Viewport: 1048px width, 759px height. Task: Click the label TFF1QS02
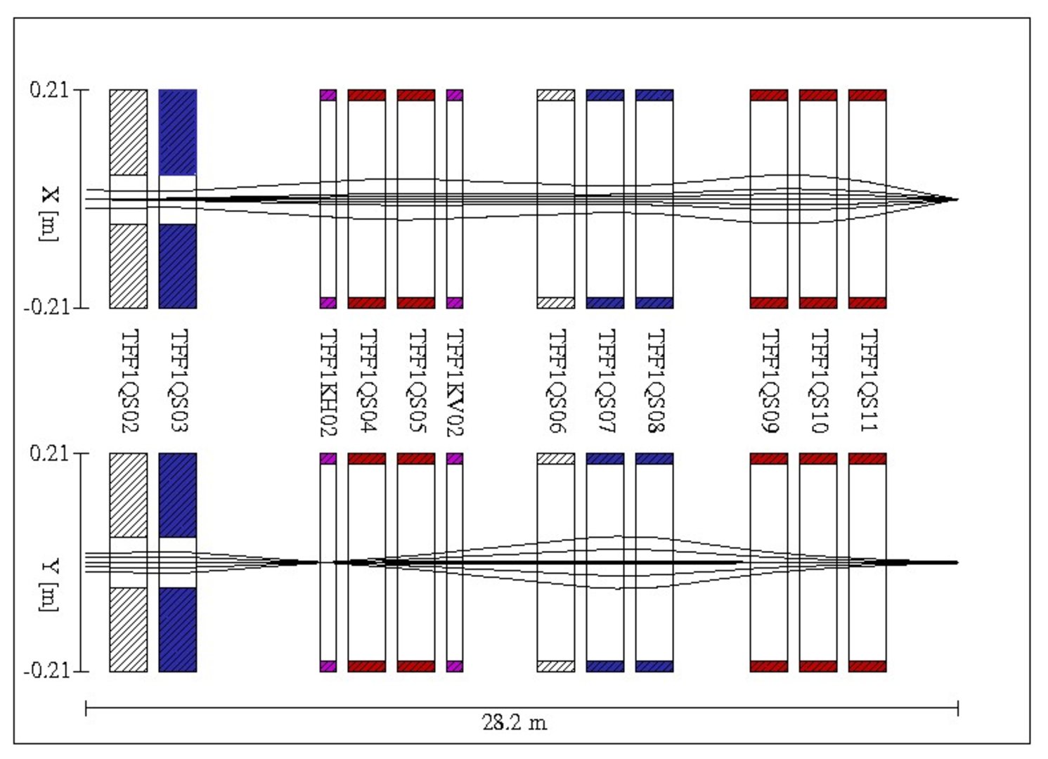pos(129,380)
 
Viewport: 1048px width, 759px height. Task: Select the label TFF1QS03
pos(179,380)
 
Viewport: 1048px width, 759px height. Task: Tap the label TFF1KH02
pos(328,383)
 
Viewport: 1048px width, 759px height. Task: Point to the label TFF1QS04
pos(368,380)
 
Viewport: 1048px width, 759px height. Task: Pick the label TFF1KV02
pos(455,383)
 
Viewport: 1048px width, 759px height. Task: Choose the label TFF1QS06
pos(557,380)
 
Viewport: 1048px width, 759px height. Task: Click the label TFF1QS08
pos(655,380)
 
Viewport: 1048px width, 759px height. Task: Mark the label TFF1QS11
pos(869,380)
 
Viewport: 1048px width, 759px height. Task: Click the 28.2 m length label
pos(514,722)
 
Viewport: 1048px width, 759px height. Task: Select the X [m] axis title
pos(49,214)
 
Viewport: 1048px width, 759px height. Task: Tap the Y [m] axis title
pos(49,585)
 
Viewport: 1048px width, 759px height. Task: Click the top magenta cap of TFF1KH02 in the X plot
pos(328,95)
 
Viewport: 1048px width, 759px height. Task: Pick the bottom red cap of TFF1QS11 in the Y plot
pos(867,666)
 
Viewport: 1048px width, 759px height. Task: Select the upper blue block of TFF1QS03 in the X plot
pos(178,132)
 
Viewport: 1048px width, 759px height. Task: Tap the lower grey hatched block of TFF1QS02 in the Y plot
pos(129,629)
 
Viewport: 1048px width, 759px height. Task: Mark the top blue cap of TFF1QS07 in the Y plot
pos(605,459)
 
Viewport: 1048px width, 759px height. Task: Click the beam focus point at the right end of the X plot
pos(956,200)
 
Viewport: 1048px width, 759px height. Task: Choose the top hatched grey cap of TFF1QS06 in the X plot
pos(556,95)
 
